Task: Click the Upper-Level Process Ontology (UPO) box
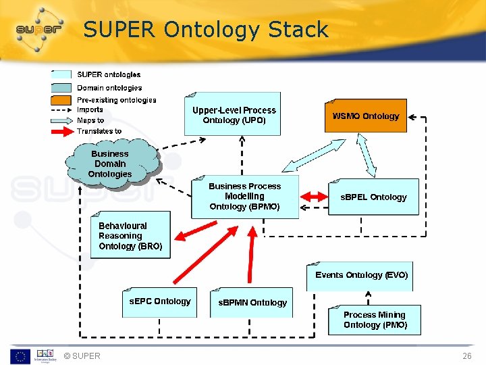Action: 234,114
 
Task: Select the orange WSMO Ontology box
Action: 365,116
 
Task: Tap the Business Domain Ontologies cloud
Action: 111,164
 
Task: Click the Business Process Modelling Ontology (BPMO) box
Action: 244,197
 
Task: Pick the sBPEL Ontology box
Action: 373,197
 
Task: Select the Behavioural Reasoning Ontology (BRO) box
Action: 130,236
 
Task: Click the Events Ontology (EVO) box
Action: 361,276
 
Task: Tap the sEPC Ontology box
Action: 160,302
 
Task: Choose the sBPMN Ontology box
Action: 252,303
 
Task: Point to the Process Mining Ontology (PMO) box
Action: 375,320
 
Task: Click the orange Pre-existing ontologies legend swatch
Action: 61,99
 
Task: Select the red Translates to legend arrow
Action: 61,131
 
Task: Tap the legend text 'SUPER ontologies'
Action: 109,74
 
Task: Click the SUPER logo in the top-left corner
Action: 39,29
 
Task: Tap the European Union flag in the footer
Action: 20,356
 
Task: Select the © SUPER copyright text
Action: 81,356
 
